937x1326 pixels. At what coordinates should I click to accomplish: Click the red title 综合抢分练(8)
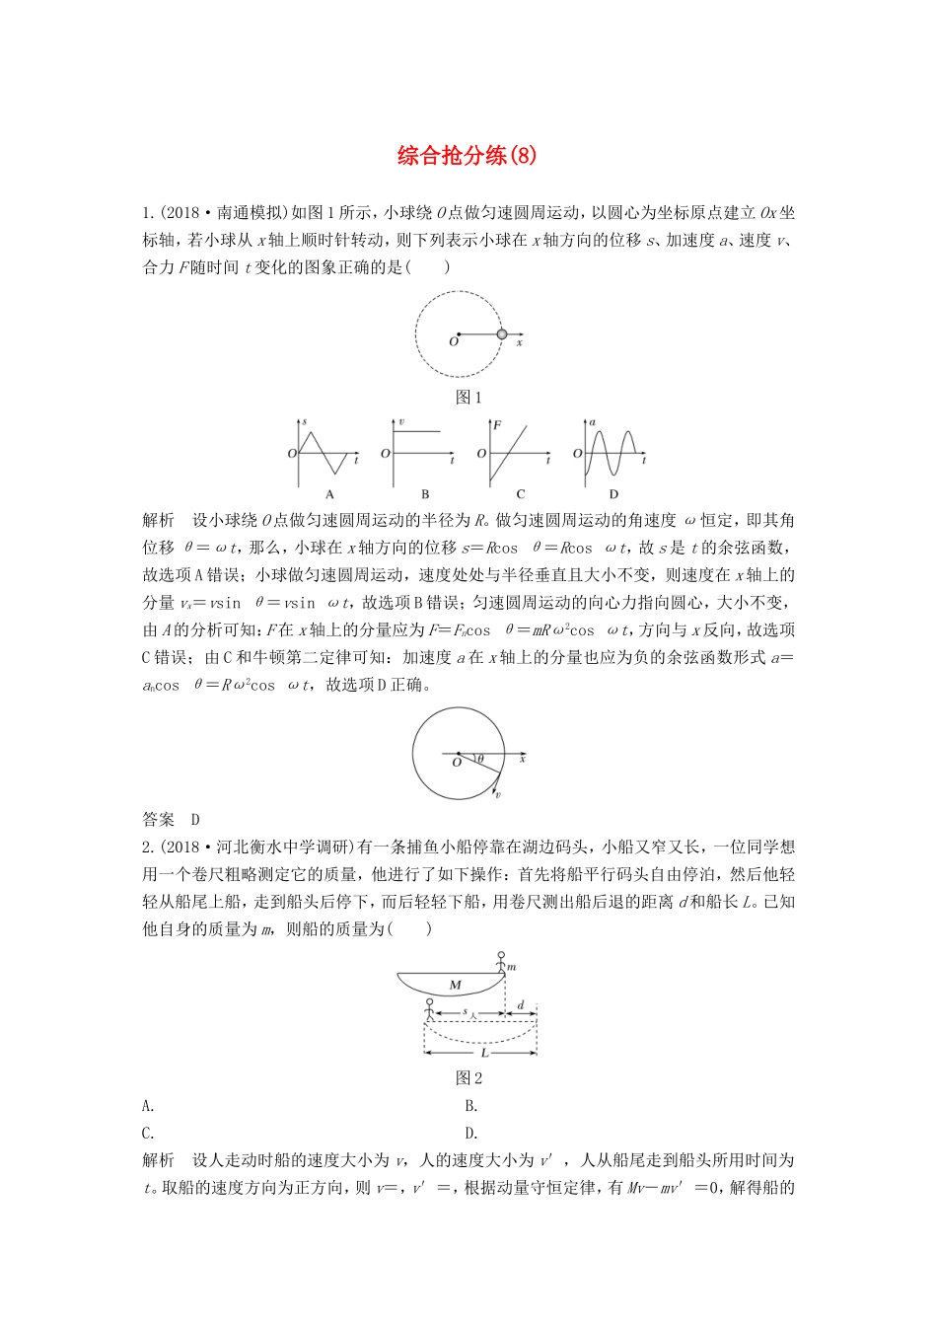(468, 156)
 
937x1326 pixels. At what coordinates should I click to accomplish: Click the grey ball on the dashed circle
(502, 334)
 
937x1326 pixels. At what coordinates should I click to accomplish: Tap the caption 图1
(468, 398)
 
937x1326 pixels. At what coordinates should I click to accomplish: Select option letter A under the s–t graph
(329, 494)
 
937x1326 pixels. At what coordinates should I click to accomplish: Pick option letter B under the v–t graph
(425, 494)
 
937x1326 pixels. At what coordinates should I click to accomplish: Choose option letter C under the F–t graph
(520, 494)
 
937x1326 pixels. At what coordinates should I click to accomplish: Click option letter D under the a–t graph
(613, 494)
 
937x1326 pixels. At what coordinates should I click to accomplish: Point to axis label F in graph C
(497, 425)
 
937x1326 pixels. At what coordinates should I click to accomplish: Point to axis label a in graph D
(593, 423)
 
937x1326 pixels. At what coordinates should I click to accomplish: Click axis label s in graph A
(304, 423)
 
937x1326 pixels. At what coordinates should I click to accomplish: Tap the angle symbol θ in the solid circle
(480, 759)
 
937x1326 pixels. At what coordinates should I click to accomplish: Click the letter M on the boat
(455, 985)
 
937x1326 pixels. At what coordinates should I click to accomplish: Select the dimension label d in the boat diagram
(521, 1005)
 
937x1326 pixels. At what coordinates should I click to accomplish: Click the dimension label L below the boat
(484, 1053)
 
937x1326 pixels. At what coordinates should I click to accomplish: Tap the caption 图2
(468, 1078)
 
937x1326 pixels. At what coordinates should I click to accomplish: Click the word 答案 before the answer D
(158, 819)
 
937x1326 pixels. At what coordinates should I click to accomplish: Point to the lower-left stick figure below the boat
(428, 1010)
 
